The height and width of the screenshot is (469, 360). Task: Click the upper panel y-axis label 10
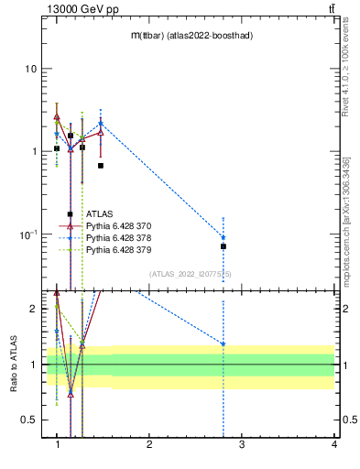click(x=30, y=70)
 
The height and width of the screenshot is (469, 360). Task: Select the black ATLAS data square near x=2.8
click(x=224, y=246)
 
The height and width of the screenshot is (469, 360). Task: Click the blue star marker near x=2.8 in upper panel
click(x=224, y=237)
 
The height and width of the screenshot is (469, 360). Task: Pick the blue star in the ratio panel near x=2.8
click(x=224, y=344)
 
